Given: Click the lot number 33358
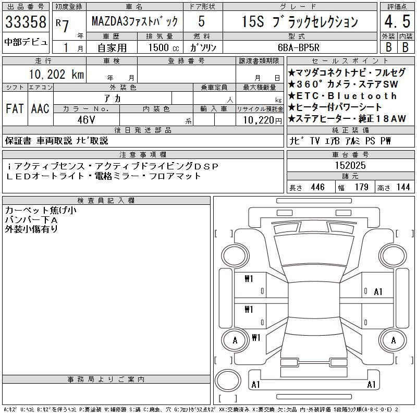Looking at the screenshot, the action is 26,21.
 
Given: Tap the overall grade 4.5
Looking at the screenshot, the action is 397,21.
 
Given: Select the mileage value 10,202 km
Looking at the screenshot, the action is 56,74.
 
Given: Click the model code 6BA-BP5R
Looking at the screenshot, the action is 298,47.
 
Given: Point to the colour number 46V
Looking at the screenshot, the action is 86,120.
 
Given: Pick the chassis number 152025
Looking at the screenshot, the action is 350,165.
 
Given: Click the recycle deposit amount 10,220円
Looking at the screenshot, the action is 263,120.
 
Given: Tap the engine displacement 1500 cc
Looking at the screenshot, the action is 164,47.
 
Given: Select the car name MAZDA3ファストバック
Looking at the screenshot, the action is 134,21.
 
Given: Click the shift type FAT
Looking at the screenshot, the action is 15,108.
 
